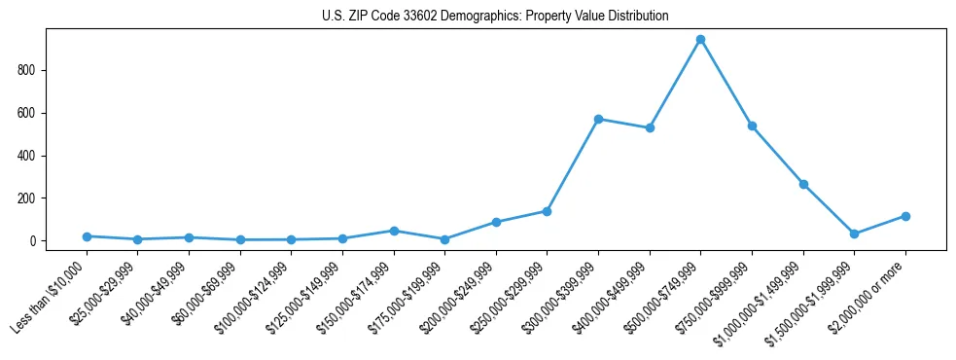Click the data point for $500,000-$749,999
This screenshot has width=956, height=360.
tap(700, 40)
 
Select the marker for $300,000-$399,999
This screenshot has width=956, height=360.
tap(598, 119)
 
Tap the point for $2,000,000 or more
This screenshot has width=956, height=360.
tap(905, 216)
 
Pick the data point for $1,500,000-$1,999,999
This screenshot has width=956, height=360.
tap(854, 234)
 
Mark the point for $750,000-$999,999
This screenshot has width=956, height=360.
tap(752, 126)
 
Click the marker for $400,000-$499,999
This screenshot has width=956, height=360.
tap(650, 127)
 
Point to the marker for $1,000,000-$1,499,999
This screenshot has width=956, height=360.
tap(803, 184)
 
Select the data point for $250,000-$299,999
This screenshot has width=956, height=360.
tap(547, 211)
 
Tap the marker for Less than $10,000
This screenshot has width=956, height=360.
tap(87, 236)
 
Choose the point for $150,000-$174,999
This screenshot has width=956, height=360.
tap(394, 231)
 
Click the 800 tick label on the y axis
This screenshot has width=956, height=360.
tap(25, 70)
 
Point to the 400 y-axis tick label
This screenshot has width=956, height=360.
tap(25, 156)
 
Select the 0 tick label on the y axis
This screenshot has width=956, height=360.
tap(31, 241)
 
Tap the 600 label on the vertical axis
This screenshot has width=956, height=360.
tap(25, 113)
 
